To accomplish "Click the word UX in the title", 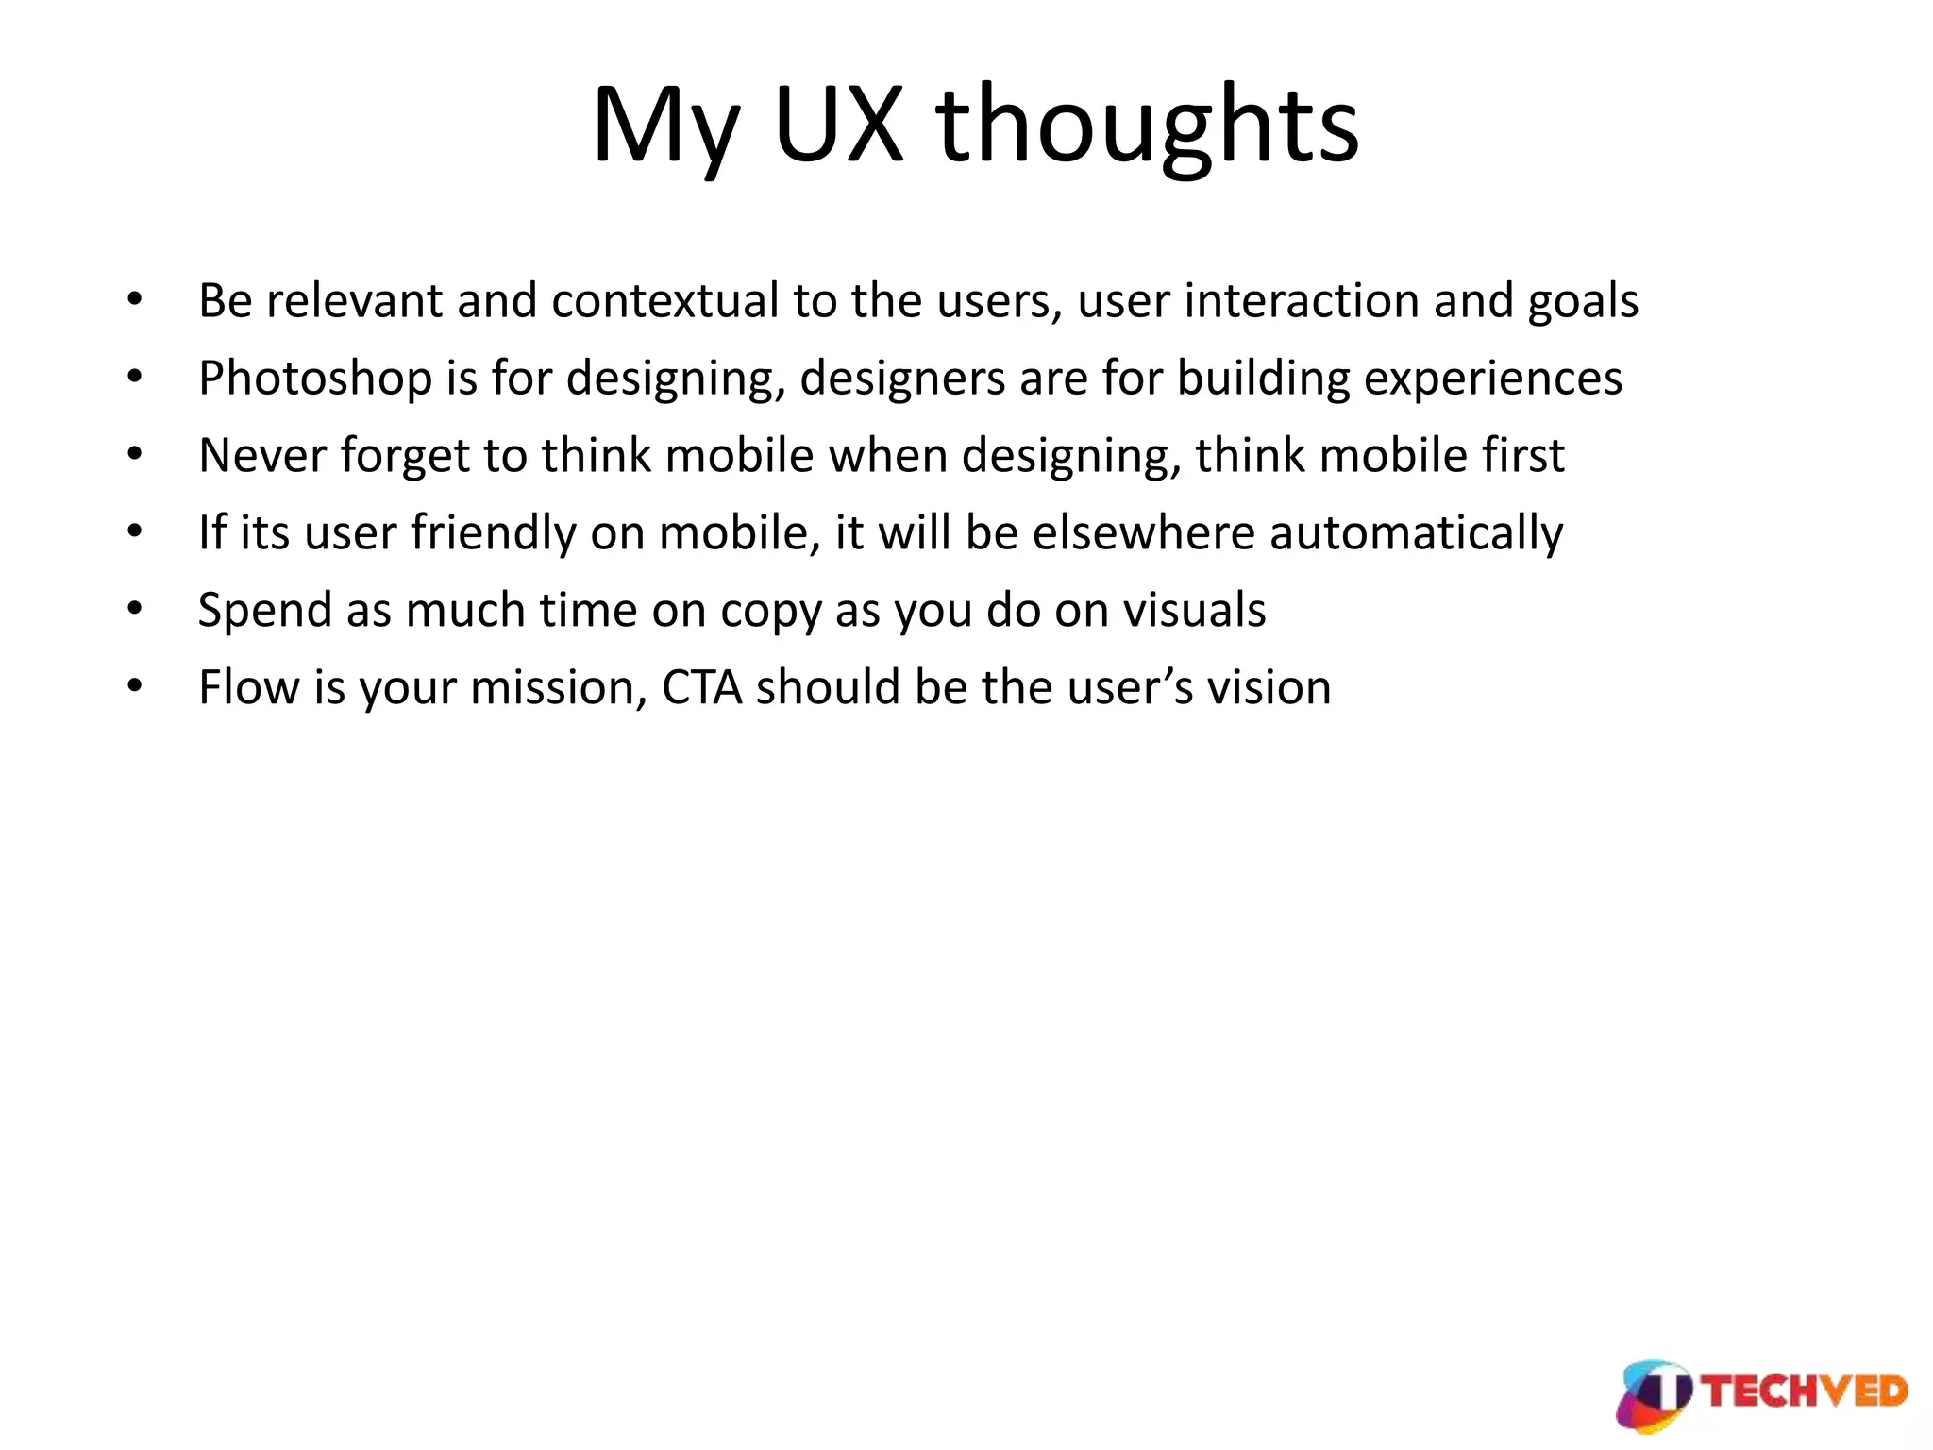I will [x=838, y=126].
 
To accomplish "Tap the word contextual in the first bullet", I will [x=666, y=301].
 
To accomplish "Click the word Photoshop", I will [x=315, y=379].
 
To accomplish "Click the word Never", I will [x=262, y=455].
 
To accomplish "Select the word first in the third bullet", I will [x=1522, y=455].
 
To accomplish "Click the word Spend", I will [x=265, y=611].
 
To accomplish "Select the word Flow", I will [x=248, y=687].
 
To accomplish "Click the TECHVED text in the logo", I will [x=1805, y=1392].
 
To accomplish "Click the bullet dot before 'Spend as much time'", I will [x=135, y=610].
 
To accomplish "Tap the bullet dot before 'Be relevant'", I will [x=135, y=300].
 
